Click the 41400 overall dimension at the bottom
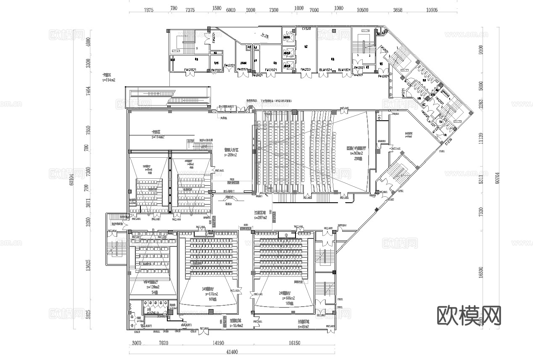click(x=232, y=352)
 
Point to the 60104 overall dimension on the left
click(x=72, y=179)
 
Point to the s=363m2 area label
click(x=356, y=154)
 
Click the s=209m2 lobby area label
click(x=230, y=155)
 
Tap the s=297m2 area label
click(x=262, y=218)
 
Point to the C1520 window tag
click(x=306, y=29)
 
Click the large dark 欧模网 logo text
click(x=470, y=315)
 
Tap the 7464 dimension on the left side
click(x=88, y=91)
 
